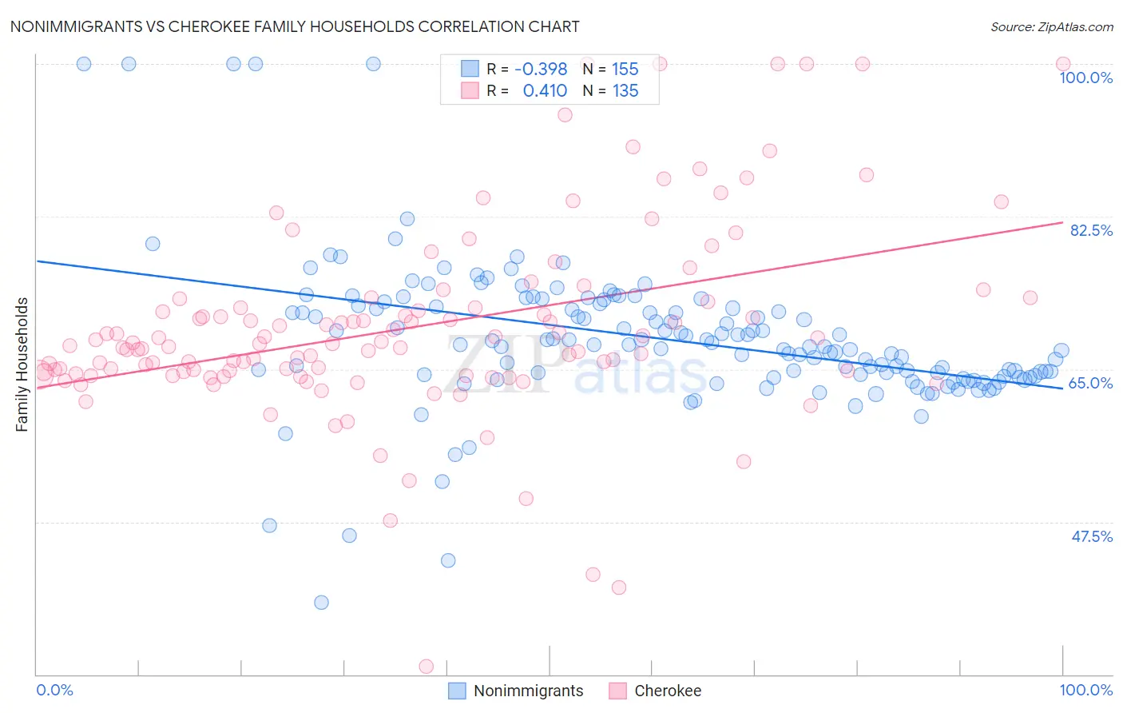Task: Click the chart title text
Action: click(x=295, y=26)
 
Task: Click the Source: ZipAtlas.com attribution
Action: click(x=1051, y=26)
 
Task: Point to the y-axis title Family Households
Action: click(x=22, y=364)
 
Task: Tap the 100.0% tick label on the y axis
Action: click(x=1085, y=78)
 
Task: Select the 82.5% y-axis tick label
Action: click(x=1090, y=230)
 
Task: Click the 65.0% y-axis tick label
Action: click(x=1090, y=383)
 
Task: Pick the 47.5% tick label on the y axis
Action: click(x=1091, y=536)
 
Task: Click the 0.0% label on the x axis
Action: click(x=54, y=690)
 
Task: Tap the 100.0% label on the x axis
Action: click(x=1085, y=690)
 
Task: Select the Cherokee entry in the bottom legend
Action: click(x=667, y=691)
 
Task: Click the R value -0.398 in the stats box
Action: click(x=541, y=70)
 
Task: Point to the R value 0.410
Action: click(x=545, y=91)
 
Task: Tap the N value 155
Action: click(x=625, y=70)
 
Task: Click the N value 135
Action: click(x=625, y=91)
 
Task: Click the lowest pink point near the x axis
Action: click(x=427, y=667)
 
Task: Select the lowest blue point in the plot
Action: click(x=321, y=602)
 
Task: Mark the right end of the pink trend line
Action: click(x=1062, y=222)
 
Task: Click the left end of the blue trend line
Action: click(x=37, y=261)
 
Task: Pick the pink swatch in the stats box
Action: click(x=470, y=91)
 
